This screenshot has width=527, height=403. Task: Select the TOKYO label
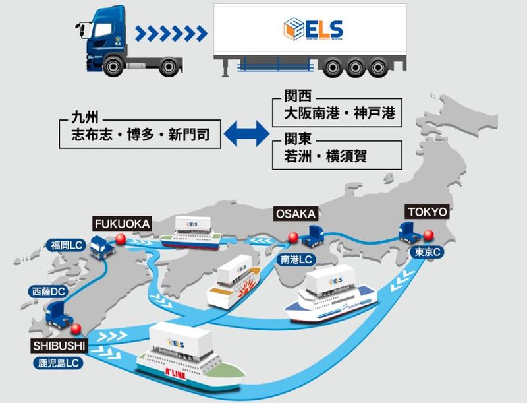click(428, 212)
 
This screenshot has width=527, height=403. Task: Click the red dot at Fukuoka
click(120, 239)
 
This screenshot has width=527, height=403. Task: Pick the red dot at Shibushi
click(76, 328)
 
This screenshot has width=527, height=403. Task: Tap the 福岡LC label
click(67, 246)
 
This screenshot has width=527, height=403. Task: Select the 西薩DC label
click(49, 291)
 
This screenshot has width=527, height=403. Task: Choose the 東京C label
click(428, 253)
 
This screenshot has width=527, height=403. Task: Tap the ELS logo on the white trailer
click(313, 29)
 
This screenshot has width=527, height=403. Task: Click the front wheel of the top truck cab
click(113, 65)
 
